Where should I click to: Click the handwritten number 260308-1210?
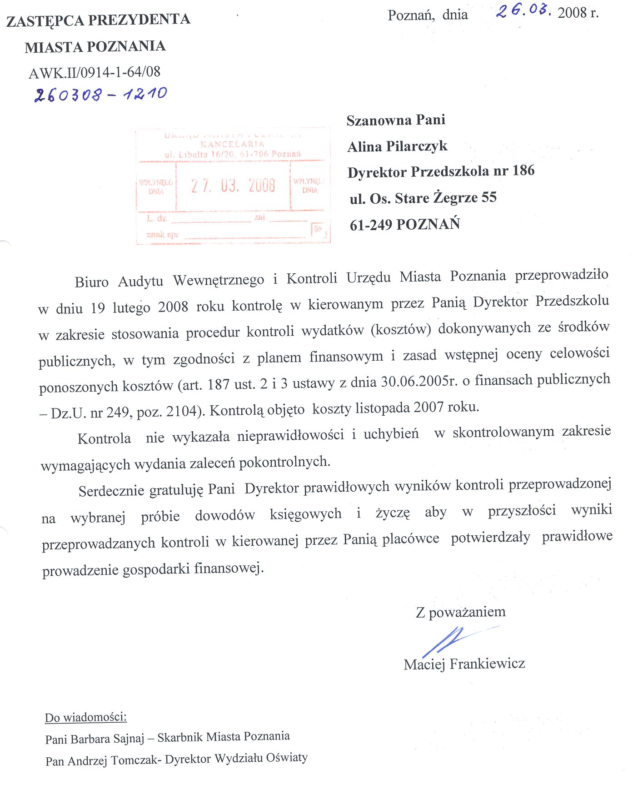click(100, 94)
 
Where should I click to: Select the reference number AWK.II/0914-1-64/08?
click(95, 72)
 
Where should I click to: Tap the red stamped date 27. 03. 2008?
click(233, 186)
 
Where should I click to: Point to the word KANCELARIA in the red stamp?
click(232, 144)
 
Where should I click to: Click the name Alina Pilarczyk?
click(397, 146)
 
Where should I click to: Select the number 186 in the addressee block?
click(523, 171)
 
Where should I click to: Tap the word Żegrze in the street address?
click(455, 198)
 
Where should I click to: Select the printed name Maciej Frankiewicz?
click(464, 664)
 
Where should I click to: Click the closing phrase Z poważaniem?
click(460, 612)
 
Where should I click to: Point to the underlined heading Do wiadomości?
click(86, 718)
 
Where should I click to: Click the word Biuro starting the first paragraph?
click(92, 282)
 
